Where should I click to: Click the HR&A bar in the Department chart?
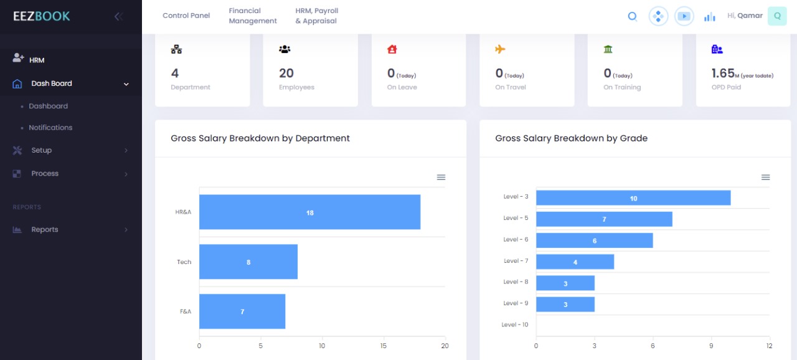click(x=309, y=212)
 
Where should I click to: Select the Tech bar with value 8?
click(x=248, y=262)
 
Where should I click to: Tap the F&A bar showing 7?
click(x=242, y=311)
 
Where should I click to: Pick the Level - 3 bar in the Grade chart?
click(x=633, y=198)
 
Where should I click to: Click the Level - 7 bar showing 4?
click(x=575, y=262)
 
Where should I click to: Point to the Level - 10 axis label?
click(x=515, y=324)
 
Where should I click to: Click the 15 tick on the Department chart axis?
click(x=384, y=346)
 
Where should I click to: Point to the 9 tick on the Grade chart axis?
click(x=711, y=346)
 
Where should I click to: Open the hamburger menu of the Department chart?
click(x=441, y=178)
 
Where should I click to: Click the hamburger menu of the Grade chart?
click(x=765, y=178)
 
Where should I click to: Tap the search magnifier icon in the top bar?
click(x=632, y=17)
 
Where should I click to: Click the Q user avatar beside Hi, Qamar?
click(x=777, y=16)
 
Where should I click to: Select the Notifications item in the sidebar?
click(x=50, y=128)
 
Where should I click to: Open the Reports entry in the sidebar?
click(x=45, y=230)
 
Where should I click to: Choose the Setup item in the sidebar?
click(x=42, y=151)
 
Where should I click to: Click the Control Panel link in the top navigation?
click(x=186, y=16)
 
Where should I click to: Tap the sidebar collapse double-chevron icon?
click(x=118, y=17)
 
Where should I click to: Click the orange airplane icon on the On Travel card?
click(x=500, y=50)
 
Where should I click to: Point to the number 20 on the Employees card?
click(x=286, y=73)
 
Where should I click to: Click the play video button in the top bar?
click(x=684, y=16)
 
